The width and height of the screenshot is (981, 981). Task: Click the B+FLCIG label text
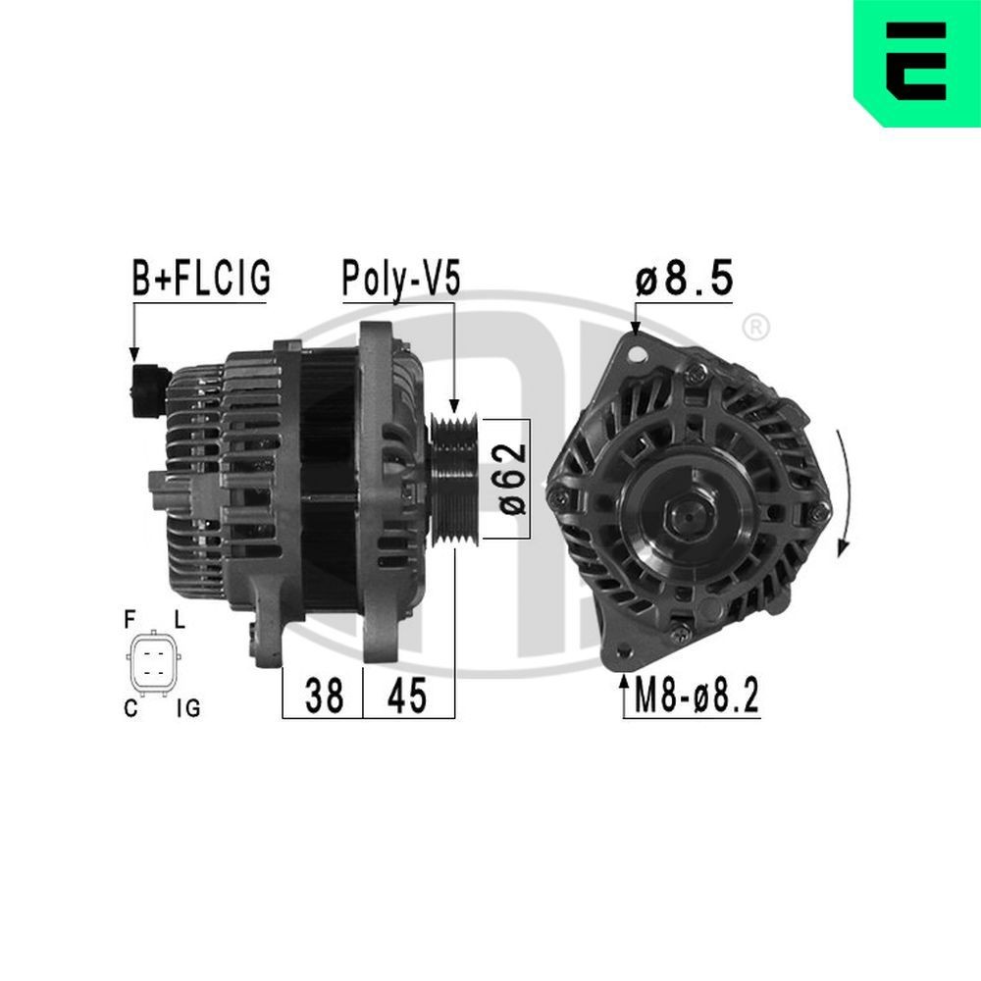point(201,280)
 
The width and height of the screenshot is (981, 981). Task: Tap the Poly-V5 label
point(400,280)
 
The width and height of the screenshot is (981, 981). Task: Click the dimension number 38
point(324,696)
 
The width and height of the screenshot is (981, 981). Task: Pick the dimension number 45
point(407,696)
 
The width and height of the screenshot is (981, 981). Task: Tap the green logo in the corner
point(917,63)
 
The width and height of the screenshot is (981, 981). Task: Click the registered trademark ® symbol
point(754,328)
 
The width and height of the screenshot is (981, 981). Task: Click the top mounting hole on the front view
point(640,350)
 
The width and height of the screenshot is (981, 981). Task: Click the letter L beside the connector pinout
point(179,620)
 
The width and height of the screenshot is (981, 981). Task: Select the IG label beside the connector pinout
point(187,706)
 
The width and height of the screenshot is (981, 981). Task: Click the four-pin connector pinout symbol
point(153,662)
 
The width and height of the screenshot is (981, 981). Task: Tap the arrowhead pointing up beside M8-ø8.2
point(624,681)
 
